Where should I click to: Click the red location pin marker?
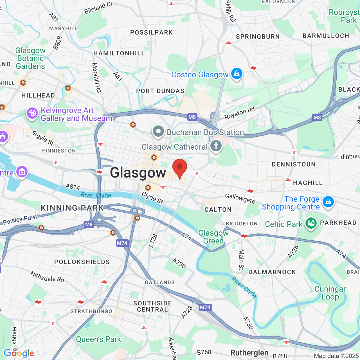tap(179, 168)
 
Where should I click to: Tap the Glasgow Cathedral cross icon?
tap(216, 146)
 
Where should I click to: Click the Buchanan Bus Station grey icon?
tap(158, 131)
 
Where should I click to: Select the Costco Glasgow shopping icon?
tap(237, 74)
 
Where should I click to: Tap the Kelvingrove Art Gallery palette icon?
tap(32, 113)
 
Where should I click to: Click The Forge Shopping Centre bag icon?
tap(328, 202)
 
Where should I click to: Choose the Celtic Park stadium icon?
tap(311, 224)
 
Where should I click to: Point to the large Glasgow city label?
tap(138, 173)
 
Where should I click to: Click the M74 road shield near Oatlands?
tap(205, 307)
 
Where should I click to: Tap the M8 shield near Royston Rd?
tap(192, 117)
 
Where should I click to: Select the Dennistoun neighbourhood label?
tap(294, 164)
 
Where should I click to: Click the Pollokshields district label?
tap(82, 262)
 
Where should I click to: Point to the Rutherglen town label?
tap(249, 353)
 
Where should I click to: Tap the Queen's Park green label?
tap(98, 339)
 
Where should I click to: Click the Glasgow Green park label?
tap(213, 237)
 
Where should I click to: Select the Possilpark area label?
tap(151, 32)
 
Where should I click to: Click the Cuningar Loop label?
tap(330, 293)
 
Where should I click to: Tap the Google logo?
tap(19, 353)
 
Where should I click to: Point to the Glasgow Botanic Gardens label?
tap(30, 58)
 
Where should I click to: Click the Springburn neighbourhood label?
tap(258, 37)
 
